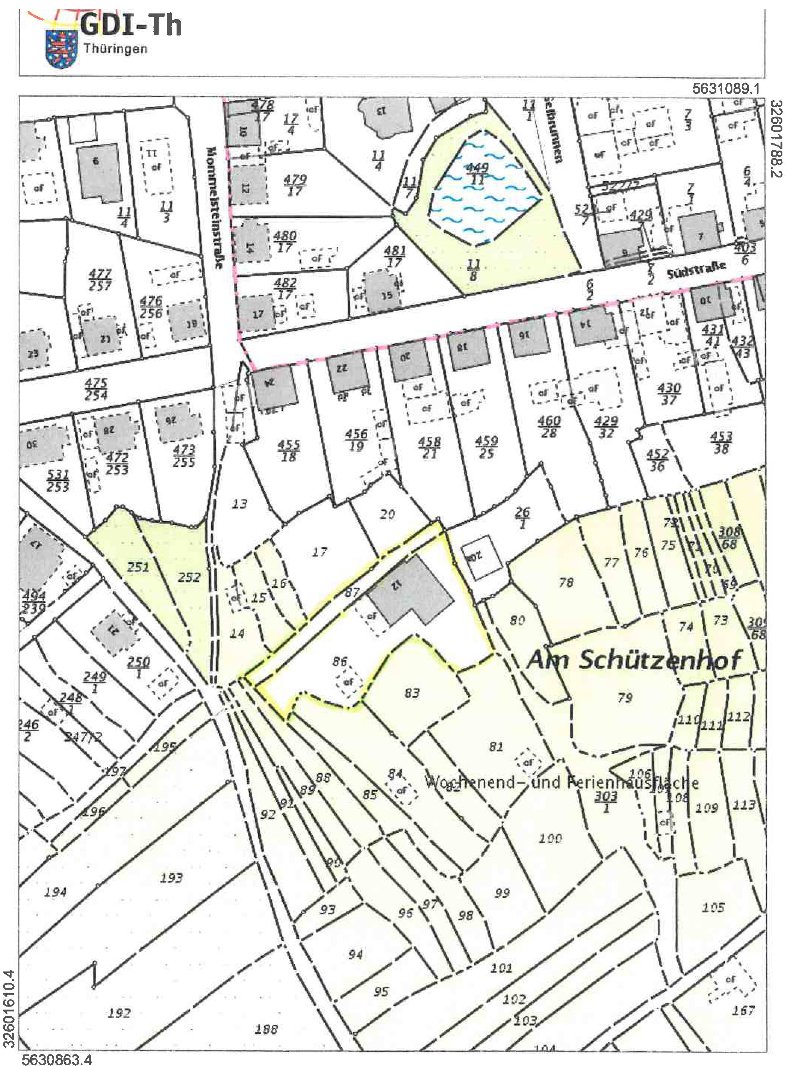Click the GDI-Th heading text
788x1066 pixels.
click(130, 25)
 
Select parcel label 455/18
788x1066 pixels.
click(289, 451)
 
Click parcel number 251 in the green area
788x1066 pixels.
click(138, 567)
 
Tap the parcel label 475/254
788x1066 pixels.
click(96, 389)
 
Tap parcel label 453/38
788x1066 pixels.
click(721, 442)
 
